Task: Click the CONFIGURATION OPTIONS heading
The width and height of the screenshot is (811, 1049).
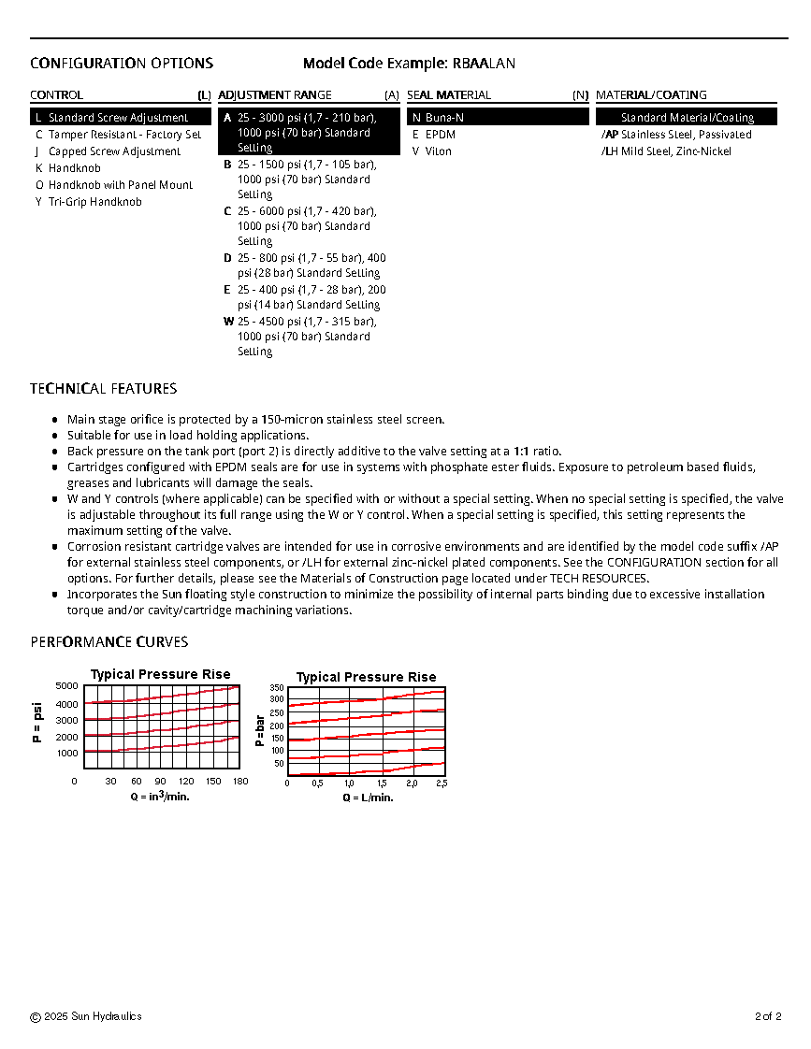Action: pyautogui.click(x=122, y=64)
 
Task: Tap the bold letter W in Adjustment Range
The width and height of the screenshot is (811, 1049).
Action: pyautogui.click(x=228, y=321)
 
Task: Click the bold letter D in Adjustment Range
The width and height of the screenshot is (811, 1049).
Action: pyautogui.click(x=227, y=258)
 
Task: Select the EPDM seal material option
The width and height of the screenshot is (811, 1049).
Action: pyautogui.click(x=440, y=135)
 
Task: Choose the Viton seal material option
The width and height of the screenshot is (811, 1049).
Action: pyautogui.click(x=438, y=151)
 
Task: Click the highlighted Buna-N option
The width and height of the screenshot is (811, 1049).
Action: pyautogui.click(x=444, y=118)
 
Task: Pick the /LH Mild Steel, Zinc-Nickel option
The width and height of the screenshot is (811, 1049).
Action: pyautogui.click(x=666, y=151)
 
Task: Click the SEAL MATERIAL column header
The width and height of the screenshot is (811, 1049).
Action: pyautogui.click(x=449, y=95)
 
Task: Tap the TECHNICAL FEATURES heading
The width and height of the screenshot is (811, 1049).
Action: pyautogui.click(x=103, y=389)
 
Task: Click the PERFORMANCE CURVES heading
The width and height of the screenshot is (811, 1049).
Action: pyautogui.click(x=109, y=642)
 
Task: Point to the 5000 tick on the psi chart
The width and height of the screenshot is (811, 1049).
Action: pyautogui.click(x=67, y=686)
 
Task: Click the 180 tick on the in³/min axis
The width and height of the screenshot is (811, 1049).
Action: pyautogui.click(x=240, y=782)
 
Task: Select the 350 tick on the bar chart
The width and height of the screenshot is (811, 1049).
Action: pyautogui.click(x=277, y=687)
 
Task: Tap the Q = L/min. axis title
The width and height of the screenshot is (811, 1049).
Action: pyautogui.click(x=368, y=798)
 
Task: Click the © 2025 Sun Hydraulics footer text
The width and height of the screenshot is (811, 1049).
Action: pyautogui.click(x=86, y=1016)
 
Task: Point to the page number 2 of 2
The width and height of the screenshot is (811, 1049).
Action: pyautogui.click(x=767, y=1016)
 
